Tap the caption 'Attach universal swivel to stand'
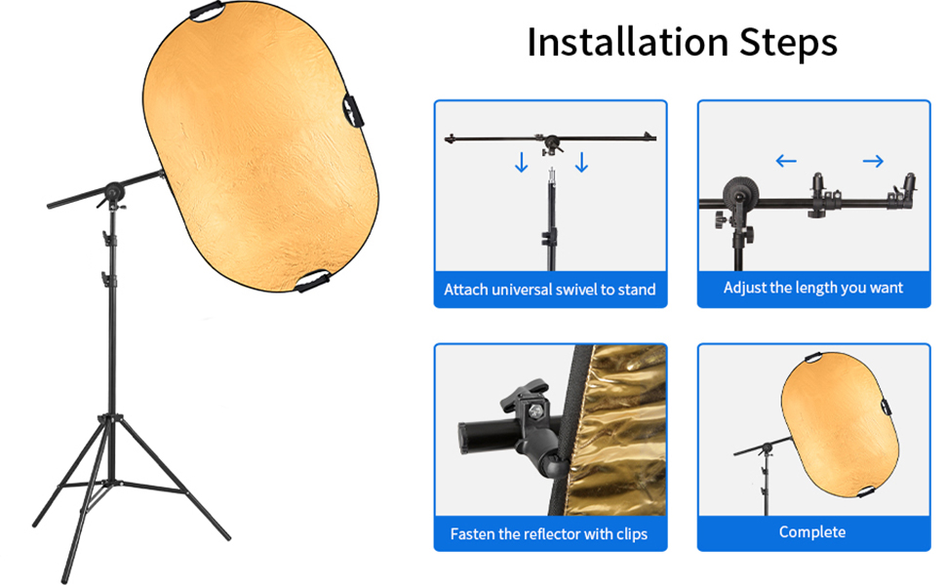pyautogui.click(x=550, y=290)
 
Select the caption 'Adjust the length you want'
pyautogui.click(x=813, y=288)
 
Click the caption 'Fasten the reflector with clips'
pyautogui.click(x=549, y=533)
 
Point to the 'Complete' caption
pyautogui.click(x=812, y=532)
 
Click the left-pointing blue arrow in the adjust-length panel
pyautogui.click(x=786, y=161)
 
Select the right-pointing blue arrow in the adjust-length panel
pyautogui.click(x=873, y=161)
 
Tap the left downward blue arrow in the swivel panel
pyautogui.click(x=522, y=162)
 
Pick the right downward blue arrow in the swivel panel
pyautogui.click(x=582, y=162)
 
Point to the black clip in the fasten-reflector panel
pyautogui.click(x=516, y=419)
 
